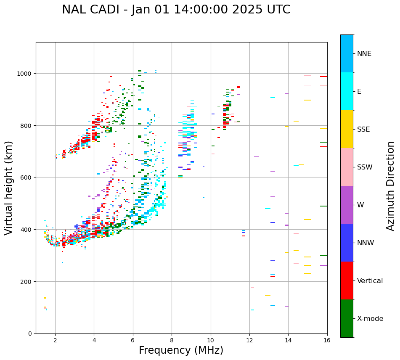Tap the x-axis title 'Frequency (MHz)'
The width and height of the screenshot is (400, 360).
click(x=181, y=350)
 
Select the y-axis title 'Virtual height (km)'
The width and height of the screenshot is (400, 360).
click(x=9, y=188)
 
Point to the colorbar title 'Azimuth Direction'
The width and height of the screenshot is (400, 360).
click(x=391, y=186)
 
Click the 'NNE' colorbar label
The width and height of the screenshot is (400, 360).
click(x=364, y=53)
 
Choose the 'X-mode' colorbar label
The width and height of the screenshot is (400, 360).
click(x=370, y=319)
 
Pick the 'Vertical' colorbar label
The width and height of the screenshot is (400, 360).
click(x=370, y=281)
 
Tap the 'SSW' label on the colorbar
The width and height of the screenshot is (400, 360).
click(x=365, y=167)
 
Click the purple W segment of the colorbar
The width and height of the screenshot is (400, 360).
click(x=347, y=205)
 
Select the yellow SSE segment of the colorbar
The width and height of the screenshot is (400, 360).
click(x=347, y=129)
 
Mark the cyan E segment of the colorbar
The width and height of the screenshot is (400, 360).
click(x=347, y=91)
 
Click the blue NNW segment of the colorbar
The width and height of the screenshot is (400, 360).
click(x=347, y=243)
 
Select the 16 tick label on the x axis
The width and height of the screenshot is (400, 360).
click(x=327, y=341)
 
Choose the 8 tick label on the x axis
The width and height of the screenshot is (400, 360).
click(x=172, y=341)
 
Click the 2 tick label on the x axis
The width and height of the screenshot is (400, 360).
click(x=55, y=341)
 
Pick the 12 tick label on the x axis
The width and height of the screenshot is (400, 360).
click(x=249, y=341)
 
